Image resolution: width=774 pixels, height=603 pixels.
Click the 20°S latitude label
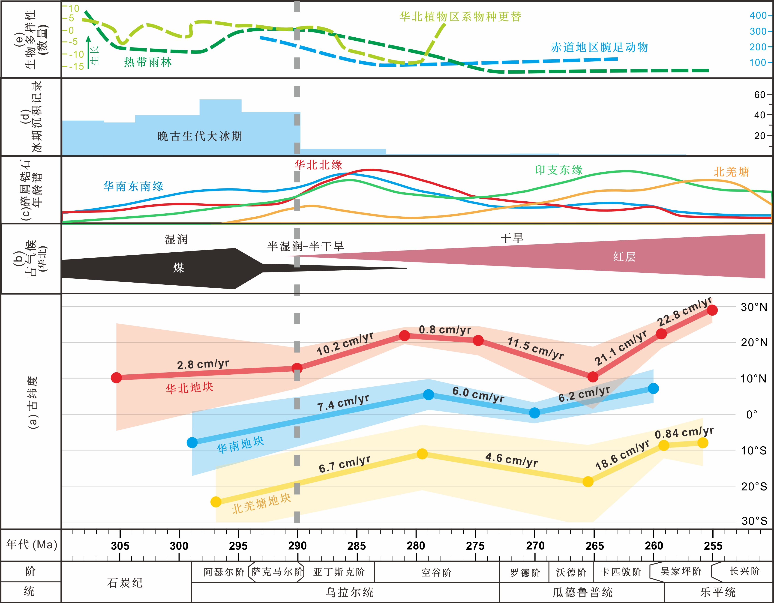[754, 487]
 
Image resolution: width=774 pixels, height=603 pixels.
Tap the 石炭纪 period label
[125, 583]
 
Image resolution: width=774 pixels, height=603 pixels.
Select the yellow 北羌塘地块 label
[261, 503]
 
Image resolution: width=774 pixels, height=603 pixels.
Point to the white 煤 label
[179, 268]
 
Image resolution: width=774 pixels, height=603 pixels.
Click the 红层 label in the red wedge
[624, 257]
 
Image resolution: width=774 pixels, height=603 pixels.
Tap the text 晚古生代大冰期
[200, 136]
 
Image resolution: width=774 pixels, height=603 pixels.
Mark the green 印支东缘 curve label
[559, 170]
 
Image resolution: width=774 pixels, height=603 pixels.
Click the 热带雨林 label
[148, 62]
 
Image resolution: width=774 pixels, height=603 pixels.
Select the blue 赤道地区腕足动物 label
[599, 47]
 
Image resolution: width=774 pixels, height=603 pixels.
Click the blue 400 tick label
[758, 16]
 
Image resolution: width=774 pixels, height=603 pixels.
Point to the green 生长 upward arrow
[88, 51]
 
